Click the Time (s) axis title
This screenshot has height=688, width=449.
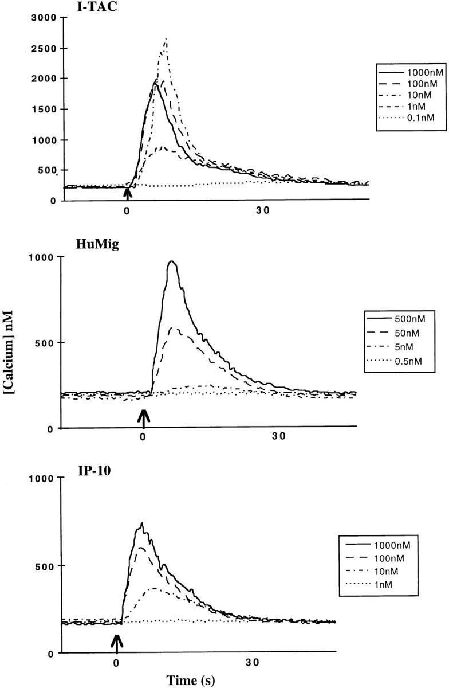[x=191, y=680]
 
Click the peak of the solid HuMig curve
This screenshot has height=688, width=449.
[x=171, y=262]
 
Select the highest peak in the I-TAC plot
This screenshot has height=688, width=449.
[x=166, y=39]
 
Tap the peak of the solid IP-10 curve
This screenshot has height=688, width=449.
[x=141, y=523]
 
